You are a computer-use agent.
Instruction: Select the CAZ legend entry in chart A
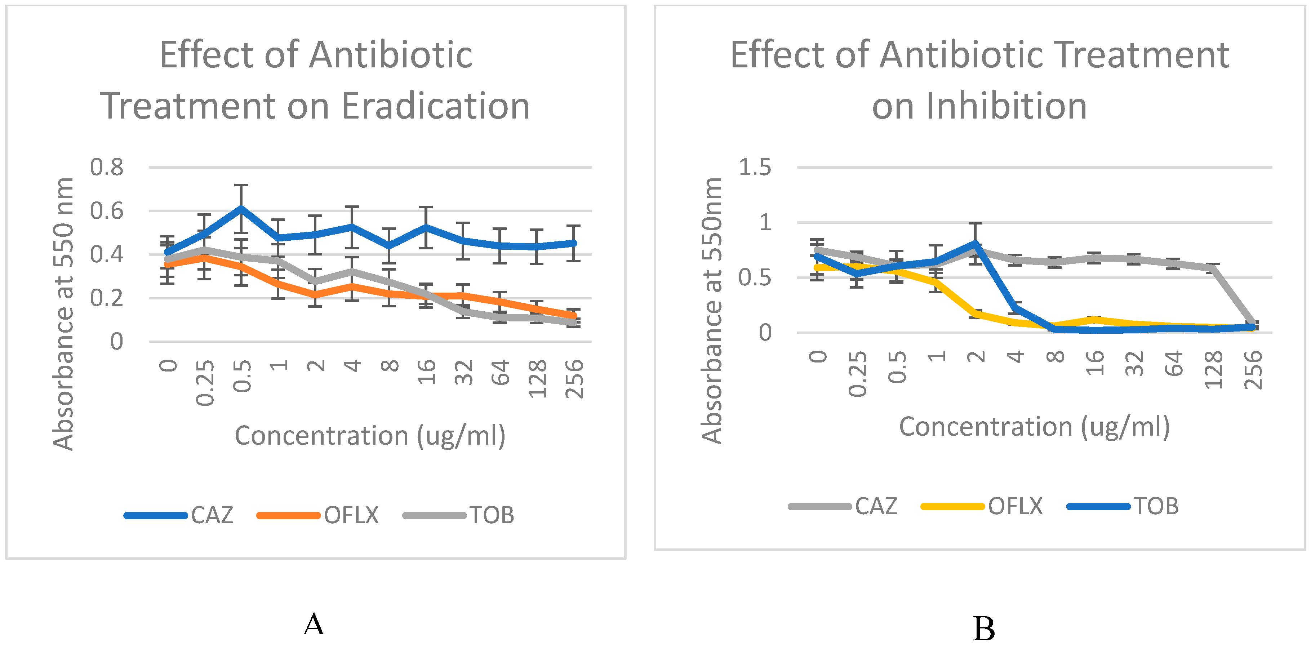click(x=212, y=515)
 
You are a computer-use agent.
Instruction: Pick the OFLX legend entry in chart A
click(x=351, y=515)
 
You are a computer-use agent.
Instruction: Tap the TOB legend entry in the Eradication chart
click(x=491, y=515)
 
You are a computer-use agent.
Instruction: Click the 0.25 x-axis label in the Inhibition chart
click(x=858, y=374)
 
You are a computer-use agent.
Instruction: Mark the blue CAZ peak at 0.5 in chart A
click(x=241, y=208)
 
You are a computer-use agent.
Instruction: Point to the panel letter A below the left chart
click(x=314, y=624)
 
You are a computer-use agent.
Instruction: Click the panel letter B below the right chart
click(x=984, y=629)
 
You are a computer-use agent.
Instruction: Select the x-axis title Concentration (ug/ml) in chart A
click(x=370, y=436)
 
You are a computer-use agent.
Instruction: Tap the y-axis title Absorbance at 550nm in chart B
click(x=711, y=311)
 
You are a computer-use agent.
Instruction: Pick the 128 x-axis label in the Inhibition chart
click(x=1213, y=370)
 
